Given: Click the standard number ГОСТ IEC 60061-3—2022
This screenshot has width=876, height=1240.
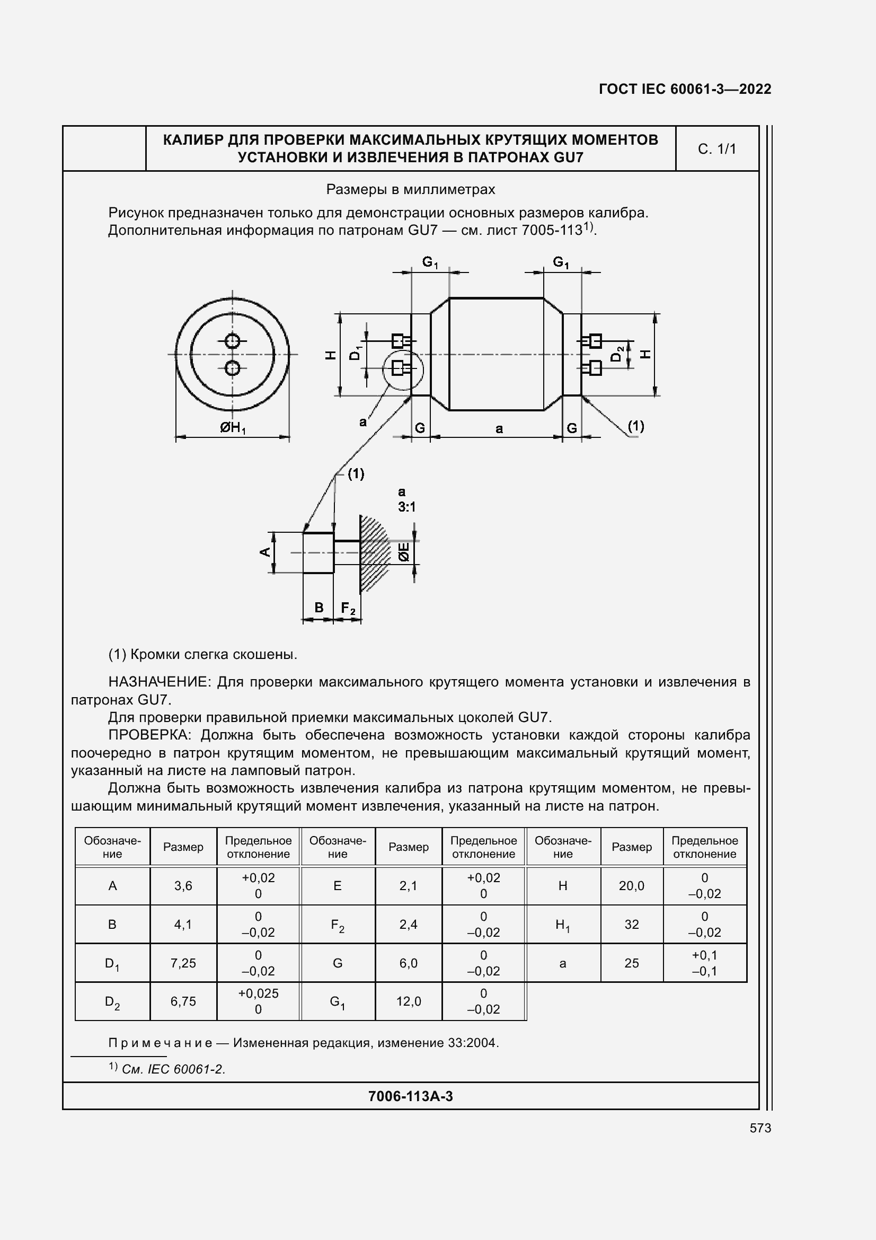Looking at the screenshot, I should (684, 89).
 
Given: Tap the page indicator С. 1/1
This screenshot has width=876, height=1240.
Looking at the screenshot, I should (716, 149).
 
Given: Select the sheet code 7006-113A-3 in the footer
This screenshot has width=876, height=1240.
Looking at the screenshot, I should (410, 1096).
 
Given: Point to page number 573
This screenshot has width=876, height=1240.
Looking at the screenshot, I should (760, 1128).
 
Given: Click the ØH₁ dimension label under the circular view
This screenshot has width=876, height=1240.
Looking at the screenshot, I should (233, 428).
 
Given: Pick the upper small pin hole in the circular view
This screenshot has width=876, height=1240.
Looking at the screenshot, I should (233, 341).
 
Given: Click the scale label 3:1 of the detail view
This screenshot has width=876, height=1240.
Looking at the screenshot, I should (406, 507).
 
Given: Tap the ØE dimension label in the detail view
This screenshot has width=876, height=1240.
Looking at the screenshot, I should (404, 552).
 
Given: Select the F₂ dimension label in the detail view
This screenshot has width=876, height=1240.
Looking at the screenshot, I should (348, 609).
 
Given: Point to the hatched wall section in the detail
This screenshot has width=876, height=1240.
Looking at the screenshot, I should (374, 553).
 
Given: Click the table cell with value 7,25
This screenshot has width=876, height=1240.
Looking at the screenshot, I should (183, 963).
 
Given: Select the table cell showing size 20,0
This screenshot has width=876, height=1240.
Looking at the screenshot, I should (632, 886).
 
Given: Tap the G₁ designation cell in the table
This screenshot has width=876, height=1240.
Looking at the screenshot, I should (338, 1002).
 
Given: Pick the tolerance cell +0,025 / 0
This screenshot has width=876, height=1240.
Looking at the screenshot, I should (258, 1001).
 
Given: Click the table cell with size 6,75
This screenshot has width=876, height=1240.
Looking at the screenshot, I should (183, 1001).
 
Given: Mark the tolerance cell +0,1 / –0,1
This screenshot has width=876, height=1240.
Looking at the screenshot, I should (704, 963).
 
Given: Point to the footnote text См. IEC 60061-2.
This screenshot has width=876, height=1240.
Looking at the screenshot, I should (173, 1069).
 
